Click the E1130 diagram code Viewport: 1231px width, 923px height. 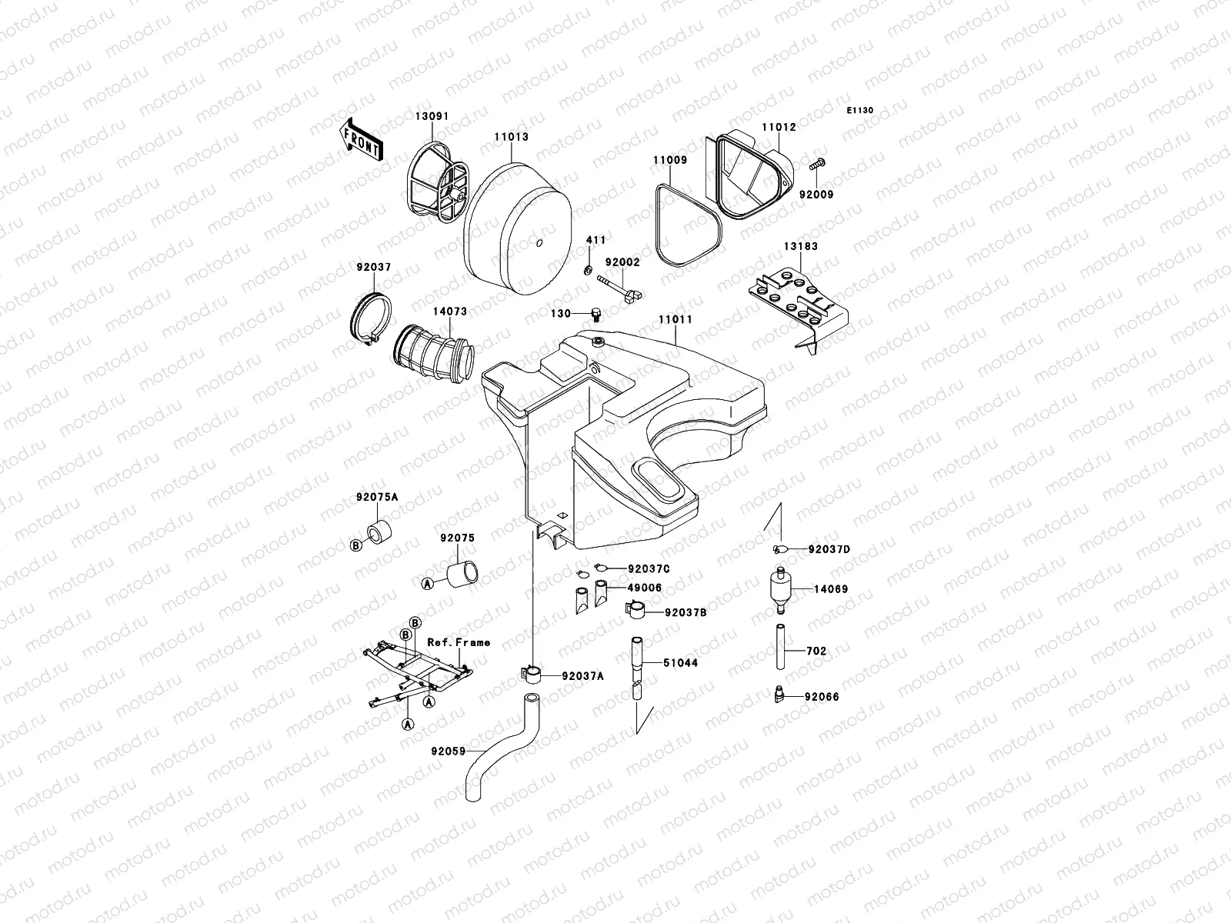point(860,111)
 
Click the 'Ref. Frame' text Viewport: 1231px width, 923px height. point(459,642)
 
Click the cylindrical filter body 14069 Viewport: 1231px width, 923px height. point(780,591)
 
